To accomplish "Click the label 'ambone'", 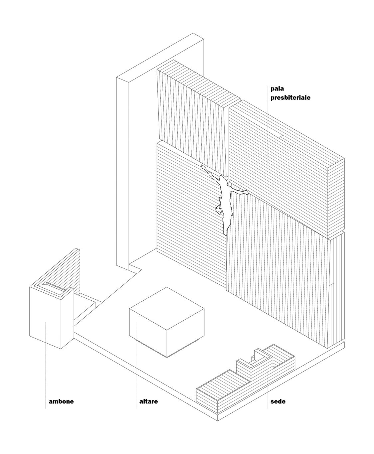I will tap(61, 401).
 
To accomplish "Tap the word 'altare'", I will tap(148, 401).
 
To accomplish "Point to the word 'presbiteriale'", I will tap(290, 98).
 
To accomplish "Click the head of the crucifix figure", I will tap(219, 210).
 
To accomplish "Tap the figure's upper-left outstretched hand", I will tap(203, 166).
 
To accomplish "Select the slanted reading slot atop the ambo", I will tap(55, 286).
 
